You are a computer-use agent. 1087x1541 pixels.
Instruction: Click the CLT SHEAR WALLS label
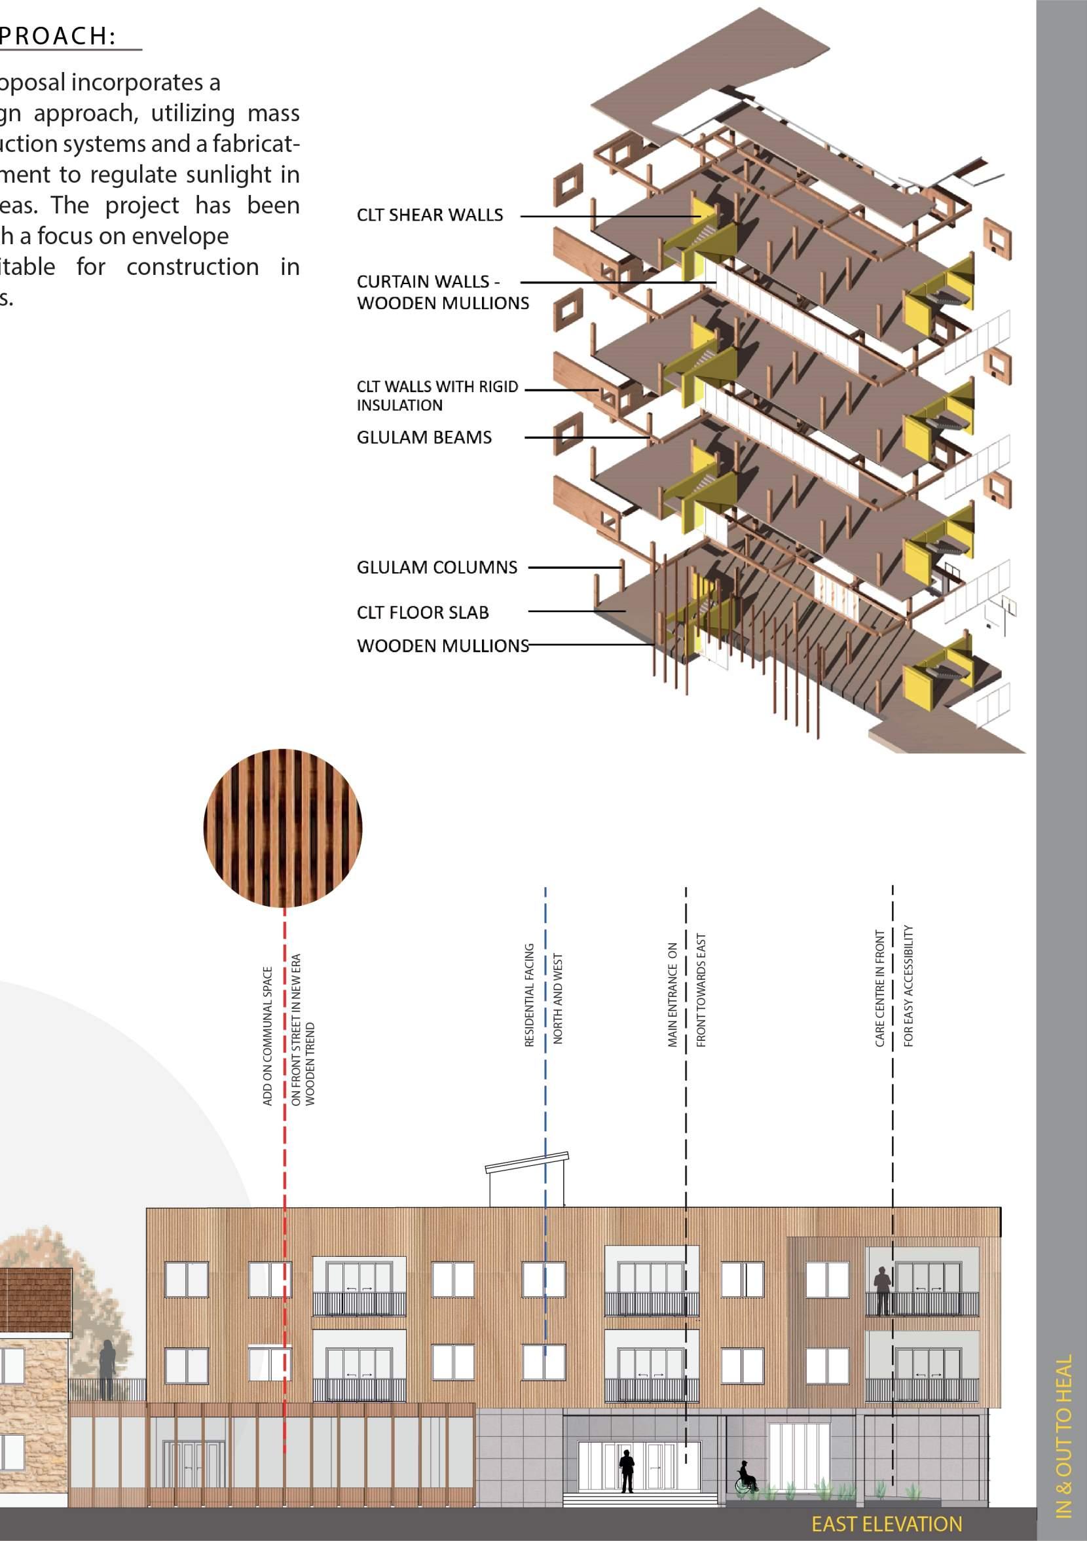tap(430, 215)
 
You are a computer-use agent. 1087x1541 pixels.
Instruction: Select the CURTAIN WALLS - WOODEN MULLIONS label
tap(443, 292)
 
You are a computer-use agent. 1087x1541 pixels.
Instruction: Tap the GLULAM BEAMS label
tap(424, 437)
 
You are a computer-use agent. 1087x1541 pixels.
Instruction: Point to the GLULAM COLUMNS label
tap(436, 568)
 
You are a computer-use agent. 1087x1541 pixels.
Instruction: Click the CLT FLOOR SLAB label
tap(422, 613)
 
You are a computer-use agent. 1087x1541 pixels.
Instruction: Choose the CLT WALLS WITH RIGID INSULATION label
tap(437, 396)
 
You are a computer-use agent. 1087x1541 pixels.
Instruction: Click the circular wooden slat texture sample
tap(283, 827)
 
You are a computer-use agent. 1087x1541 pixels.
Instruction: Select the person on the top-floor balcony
tap(882, 1290)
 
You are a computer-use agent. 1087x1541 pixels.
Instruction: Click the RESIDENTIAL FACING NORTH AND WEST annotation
tap(543, 995)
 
